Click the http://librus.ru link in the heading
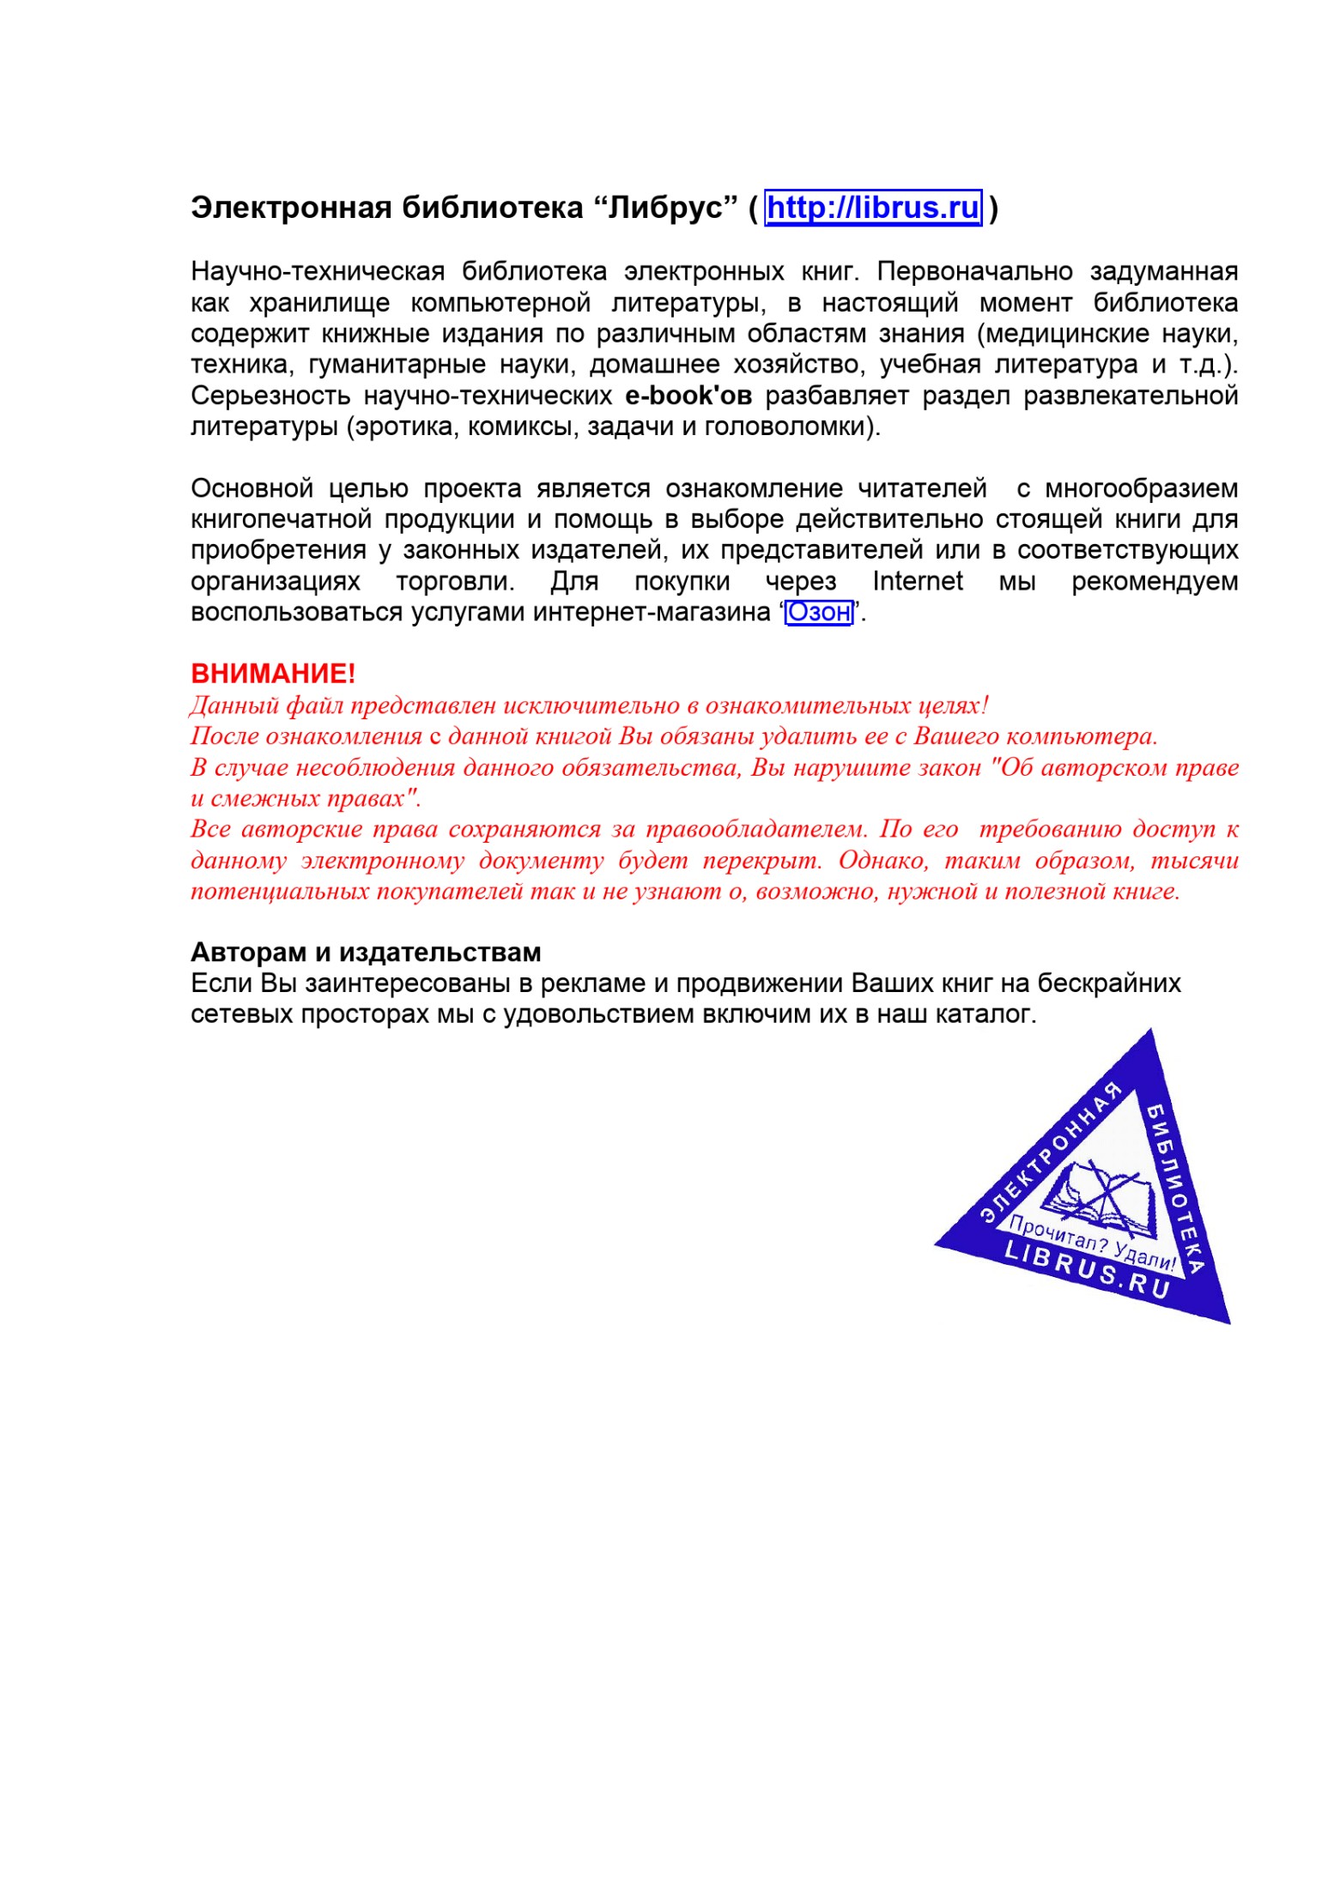pos(872,208)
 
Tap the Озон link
pos(818,613)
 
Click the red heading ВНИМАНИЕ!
pos(273,674)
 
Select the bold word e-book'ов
pos(688,396)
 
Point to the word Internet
pos(917,582)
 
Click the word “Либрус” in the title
pos(664,208)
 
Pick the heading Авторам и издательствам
pos(366,952)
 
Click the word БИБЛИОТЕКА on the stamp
pos(1177,1189)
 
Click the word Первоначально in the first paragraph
pos(974,272)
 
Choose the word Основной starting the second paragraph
pos(252,489)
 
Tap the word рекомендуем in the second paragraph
pos(1154,582)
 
